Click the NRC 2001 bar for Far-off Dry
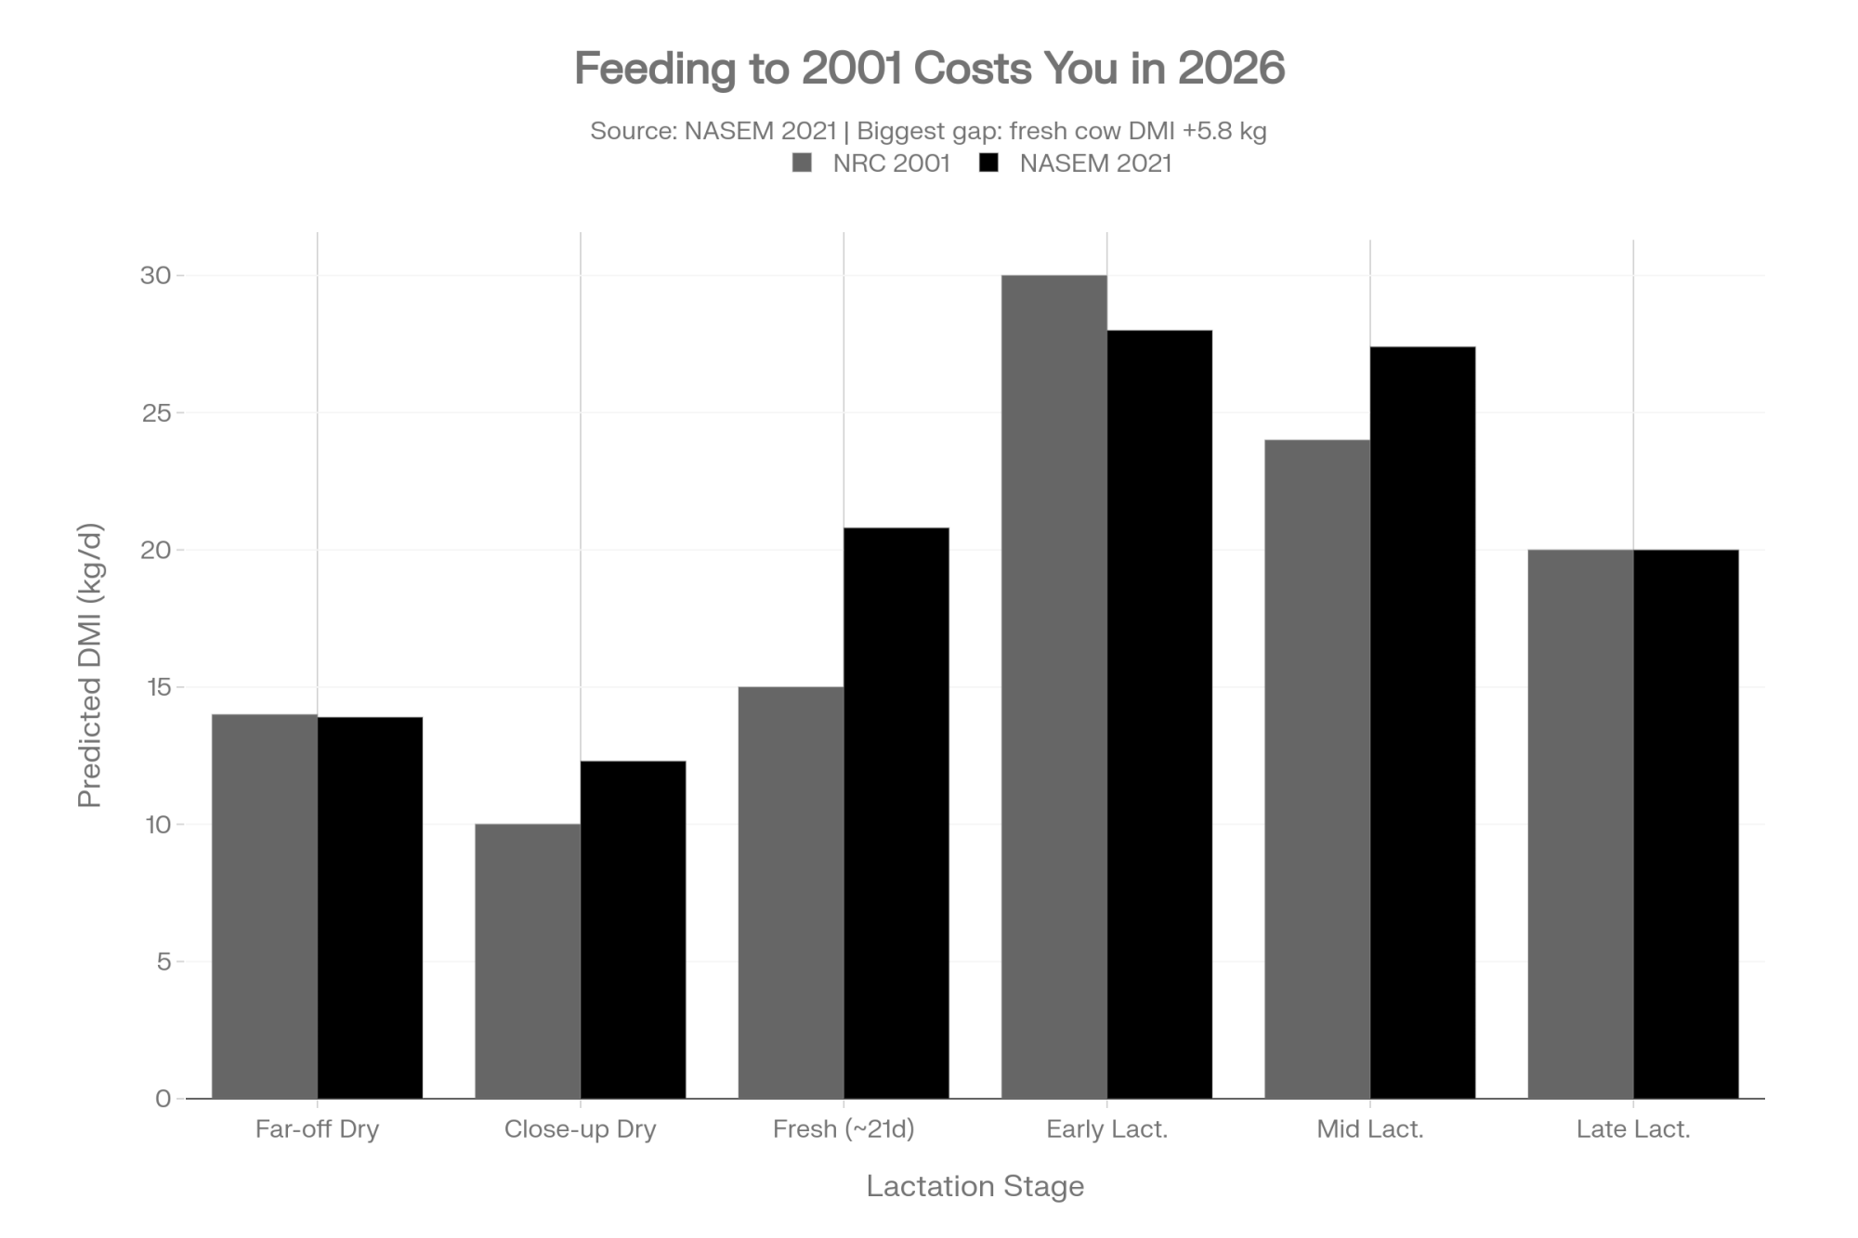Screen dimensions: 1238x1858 click(x=265, y=906)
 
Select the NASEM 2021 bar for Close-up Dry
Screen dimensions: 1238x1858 click(x=634, y=930)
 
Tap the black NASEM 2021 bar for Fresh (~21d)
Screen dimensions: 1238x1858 click(x=896, y=814)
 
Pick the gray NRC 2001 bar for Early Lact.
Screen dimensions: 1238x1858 click(x=1053, y=687)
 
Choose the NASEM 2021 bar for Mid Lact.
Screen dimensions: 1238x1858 click(x=1422, y=723)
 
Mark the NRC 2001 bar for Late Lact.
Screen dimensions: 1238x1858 click(x=1580, y=825)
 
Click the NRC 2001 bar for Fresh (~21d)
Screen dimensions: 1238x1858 click(x=791, y=893)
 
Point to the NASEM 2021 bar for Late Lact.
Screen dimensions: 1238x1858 click(x=1686, y=825)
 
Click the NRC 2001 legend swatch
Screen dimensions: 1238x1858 click(x=803, y=163)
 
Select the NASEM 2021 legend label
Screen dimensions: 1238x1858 click(x=1095, y=163)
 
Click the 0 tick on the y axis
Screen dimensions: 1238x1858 click(x=164, y=1099)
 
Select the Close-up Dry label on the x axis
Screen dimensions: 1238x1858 click(x=581, y=1129)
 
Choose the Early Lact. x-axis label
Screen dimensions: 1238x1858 click(x=1106, y=1129)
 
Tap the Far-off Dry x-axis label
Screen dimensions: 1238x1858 click(x=317, y=1129)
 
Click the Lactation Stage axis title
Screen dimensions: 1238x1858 click(x=975, y=1186)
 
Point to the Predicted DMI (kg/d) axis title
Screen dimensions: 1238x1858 click(x=89, y=666)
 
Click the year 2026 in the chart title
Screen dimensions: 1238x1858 click(x=1232, y=68)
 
